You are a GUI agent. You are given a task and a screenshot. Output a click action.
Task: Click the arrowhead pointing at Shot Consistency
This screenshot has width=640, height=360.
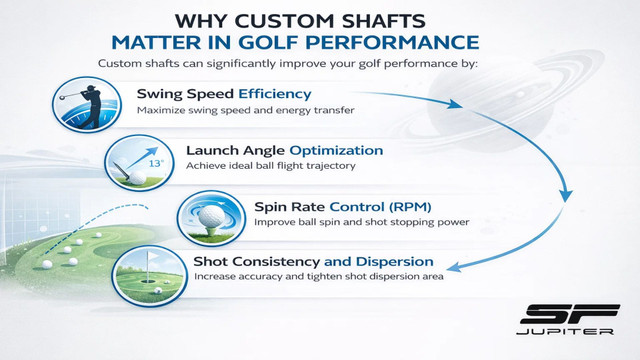coord(456,266)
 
